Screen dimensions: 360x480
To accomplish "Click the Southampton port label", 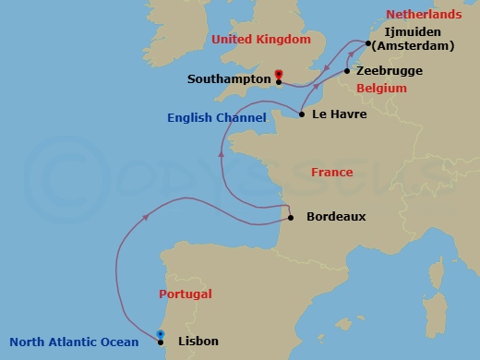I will [229, 80].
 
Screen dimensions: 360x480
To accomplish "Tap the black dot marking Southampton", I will [278, 81].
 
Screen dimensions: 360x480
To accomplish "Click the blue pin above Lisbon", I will [161, 333].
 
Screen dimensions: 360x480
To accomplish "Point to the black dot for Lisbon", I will [161, 342].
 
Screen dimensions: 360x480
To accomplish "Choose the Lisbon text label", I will [198, 342].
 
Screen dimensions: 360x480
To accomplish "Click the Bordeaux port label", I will [336, 217].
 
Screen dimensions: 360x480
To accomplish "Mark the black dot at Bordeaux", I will [291, 218].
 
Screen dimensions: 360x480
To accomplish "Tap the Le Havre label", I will [340, 115].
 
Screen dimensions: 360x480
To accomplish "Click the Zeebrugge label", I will [390, 70].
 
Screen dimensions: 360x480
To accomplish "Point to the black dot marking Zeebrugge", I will [347, 70].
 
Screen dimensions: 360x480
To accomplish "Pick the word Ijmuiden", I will [407, 30].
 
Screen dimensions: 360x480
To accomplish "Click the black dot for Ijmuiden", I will [366, 42].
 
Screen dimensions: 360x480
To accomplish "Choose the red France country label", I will [332, 173].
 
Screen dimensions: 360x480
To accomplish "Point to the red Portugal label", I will [185, 294].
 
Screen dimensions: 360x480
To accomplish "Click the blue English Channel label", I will [217, 118].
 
